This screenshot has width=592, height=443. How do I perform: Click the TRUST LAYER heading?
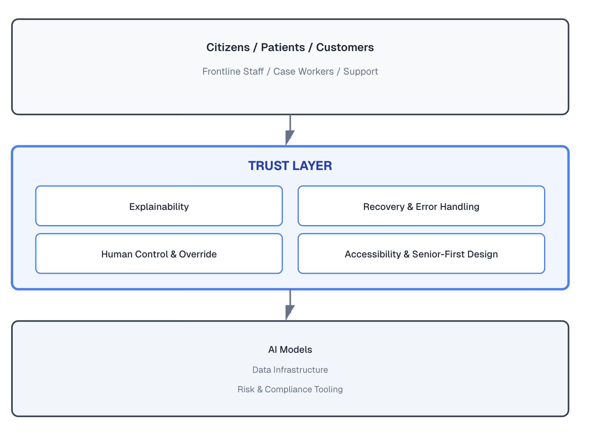290,166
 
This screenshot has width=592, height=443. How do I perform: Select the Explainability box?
159,206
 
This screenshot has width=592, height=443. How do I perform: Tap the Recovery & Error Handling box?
421,206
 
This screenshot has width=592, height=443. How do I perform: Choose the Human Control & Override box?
159,254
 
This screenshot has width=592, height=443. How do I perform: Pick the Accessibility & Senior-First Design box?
421,254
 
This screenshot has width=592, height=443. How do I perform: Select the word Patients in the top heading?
283,47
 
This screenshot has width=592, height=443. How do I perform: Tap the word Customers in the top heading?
345,47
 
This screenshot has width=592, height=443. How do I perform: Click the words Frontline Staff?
233,71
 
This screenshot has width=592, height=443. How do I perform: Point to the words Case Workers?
303,71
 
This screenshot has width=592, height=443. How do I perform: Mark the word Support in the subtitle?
360,71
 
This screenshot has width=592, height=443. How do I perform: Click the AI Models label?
290,350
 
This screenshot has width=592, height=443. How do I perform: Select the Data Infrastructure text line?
290,370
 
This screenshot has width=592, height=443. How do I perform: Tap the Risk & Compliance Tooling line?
290,390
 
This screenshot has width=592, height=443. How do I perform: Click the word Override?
198,254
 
